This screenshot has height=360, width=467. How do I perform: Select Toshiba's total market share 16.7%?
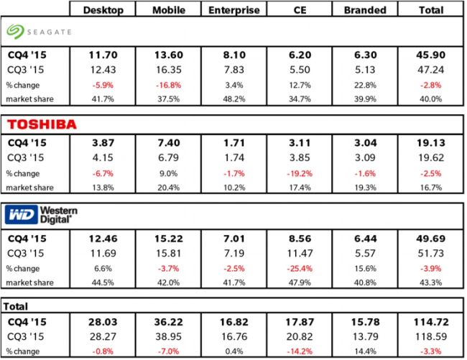434,188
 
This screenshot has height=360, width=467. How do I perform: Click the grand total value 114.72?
434,321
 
